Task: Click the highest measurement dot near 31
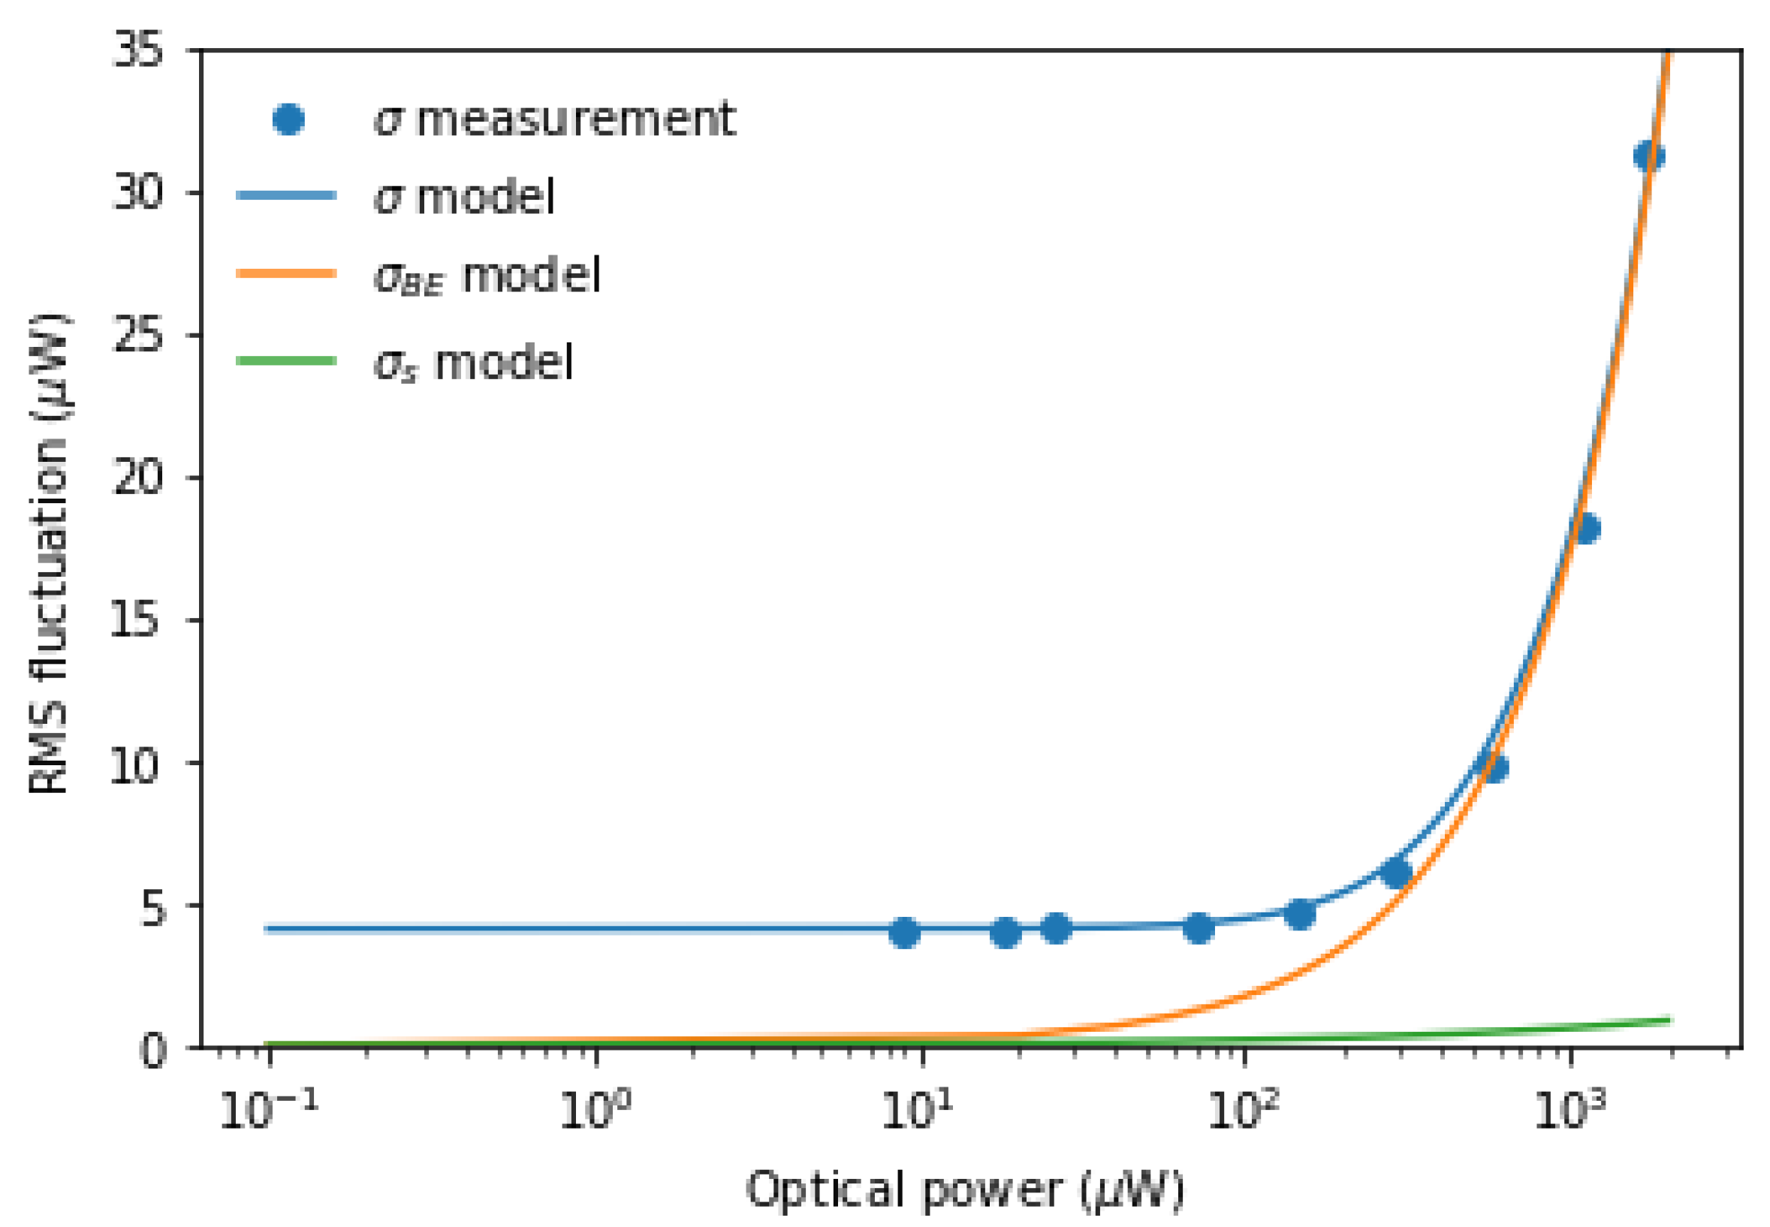coord(1648,156)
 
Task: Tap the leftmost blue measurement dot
coord(905,933)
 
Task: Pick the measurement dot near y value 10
coord(1494,767)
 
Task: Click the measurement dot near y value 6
coord(1396,873)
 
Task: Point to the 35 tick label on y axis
coord(139,51)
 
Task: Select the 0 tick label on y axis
coord(153,1051)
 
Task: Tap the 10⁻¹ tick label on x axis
coord(267,1110)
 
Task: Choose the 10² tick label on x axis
coord(1244,1110)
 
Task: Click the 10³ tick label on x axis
coord(1569,1110)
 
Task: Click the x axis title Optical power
coord(964,1190)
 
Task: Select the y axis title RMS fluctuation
coord(47,553)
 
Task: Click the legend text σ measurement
coord(554,119)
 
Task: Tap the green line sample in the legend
coord(287,360)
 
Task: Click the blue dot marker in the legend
coord(288,119)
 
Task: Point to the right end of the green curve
coord(1669,1020)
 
